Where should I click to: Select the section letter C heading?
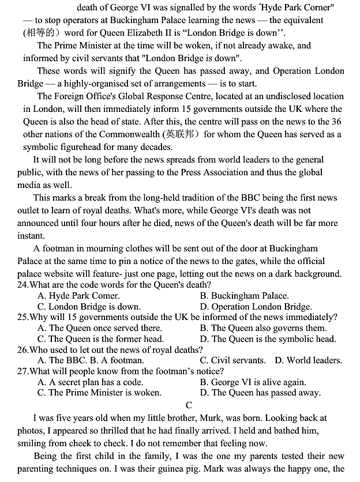click(x=189, y=405)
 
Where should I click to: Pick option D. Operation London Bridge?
click(x=256, y=307)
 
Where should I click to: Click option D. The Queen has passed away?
click(x=260, y=393)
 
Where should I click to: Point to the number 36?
click(x=336, y=122)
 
